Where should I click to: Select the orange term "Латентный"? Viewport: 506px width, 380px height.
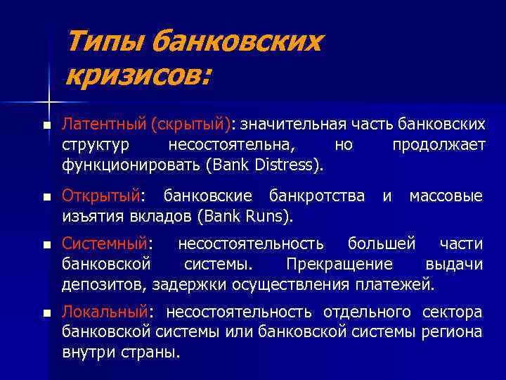pos(103,125)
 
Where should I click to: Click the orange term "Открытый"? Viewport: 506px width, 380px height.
pos(100,195)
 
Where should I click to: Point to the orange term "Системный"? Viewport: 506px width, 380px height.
pos(104,244)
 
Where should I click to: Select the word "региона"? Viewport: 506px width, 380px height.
pos(453,332)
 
